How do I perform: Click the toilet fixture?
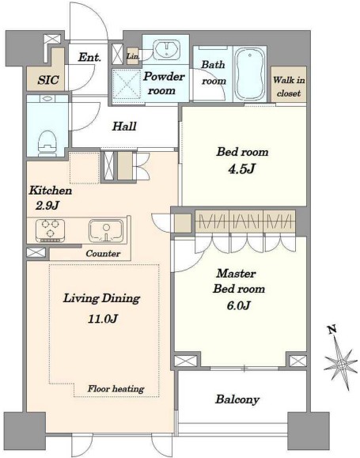(x=47, y=142)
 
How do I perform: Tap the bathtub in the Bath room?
(x=250, y=74)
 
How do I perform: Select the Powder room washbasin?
(x=167, y=48)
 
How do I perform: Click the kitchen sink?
(x=105, y=231)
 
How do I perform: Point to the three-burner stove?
(x=50, y=230)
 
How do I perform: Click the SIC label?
(x=48, y=80)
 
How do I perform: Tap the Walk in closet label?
(x=289, y=86)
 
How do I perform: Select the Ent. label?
(x=89, y=57)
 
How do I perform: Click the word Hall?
(x=124, y=127)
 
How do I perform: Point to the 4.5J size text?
(x=241, y=168)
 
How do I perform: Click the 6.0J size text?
(x=238, y=305)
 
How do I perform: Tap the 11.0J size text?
(x=103, y=319)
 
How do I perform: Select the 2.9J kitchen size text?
(x=47, y=206)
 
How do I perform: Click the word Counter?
(x=103, y=253)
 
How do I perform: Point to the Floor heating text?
(x=116, y=388)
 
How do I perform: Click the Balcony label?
(x=237, y=399)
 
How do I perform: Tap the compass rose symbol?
(x=341, y=364)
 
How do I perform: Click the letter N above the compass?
(x=332, y=330)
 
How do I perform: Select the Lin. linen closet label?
(x=133, y=56)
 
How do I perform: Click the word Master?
(x=236, y=274)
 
